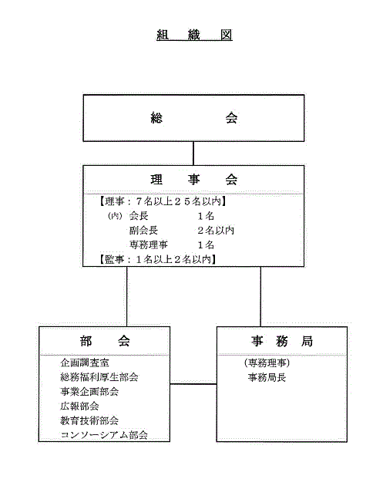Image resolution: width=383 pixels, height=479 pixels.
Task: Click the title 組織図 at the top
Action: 194,35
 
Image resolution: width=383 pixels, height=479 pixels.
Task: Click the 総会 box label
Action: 194,118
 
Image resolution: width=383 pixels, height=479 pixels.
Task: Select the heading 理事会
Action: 194,179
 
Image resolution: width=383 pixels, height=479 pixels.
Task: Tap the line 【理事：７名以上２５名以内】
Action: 163,201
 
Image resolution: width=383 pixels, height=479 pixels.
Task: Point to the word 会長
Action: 139,216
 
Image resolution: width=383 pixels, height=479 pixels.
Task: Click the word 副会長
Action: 143,231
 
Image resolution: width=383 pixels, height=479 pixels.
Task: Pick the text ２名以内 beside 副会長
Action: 216,231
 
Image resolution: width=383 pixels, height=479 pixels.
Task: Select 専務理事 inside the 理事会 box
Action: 148,245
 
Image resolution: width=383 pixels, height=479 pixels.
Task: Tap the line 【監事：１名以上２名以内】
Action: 158,259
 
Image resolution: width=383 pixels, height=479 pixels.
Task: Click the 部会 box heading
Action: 105,341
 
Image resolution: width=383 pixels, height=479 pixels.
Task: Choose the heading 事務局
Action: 282,341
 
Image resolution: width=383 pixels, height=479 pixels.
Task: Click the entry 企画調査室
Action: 85,363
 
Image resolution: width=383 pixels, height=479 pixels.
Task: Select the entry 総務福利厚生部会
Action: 99,377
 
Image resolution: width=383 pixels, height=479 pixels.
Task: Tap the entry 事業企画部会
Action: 89,392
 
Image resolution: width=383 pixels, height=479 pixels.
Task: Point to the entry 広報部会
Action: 79,406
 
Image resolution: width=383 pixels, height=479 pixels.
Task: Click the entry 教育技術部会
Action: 89,420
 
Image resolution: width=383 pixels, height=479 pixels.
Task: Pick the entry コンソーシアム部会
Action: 104,435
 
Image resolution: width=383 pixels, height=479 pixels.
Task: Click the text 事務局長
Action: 267,378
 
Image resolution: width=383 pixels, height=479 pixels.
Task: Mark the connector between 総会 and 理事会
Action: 193,153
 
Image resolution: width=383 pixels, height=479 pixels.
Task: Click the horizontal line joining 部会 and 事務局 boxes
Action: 193,384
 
